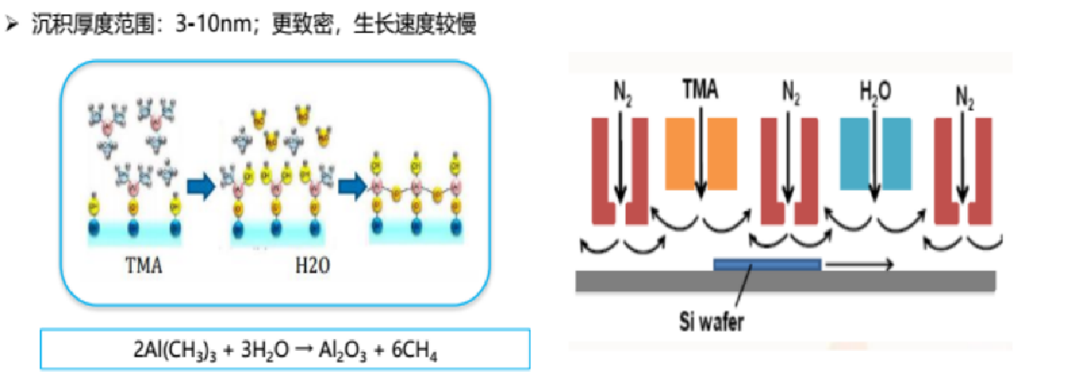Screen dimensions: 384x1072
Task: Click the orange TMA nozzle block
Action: [700, 153]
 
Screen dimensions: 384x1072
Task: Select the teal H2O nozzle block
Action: [875, 153]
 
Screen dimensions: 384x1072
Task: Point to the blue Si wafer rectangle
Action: [767, 265]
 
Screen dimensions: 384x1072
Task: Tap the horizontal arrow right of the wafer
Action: [860, 265]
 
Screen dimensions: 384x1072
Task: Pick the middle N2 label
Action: [790, 91]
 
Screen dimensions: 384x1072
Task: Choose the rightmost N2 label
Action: [964, 91]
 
